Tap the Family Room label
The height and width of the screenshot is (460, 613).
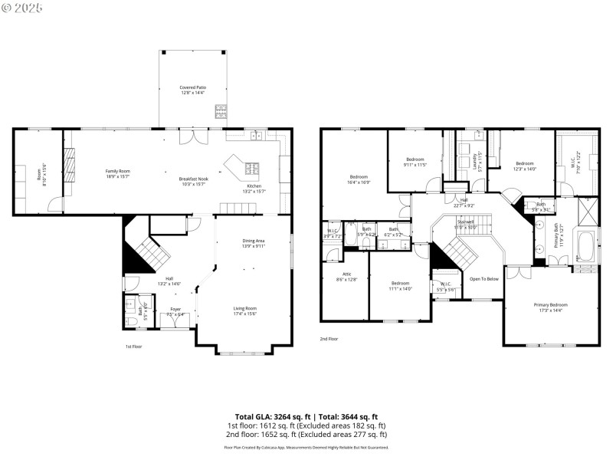[x=117, y=173]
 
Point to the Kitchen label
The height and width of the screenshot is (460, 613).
[x=254, y=189]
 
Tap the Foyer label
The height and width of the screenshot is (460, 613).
[x=175, y=311]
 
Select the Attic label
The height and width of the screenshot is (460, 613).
[x=346, y=276]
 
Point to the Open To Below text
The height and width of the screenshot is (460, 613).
[x=484, y=278]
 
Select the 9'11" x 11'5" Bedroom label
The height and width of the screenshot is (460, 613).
[x=414, y=162]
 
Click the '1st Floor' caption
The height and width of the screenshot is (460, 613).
[x=134, y=347]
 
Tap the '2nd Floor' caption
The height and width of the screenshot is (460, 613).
[x=329, y=338]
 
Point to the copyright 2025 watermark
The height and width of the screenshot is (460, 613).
[x=22, y=7]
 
